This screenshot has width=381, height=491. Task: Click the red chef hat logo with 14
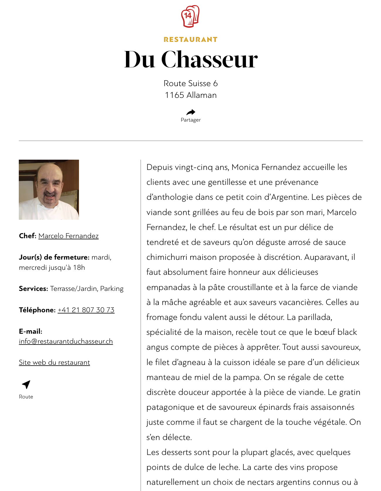click(190, 16)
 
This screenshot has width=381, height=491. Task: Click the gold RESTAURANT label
click(191, 40)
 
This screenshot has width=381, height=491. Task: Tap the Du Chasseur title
click(191, 59)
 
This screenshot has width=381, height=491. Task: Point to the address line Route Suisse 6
click(191, 83)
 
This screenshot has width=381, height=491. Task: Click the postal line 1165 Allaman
click(191, 95)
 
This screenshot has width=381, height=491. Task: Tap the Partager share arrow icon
click(191, 112)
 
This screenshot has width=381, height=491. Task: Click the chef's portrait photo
click(49, 190)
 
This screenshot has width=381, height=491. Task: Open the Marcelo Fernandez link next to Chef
click(68, 236)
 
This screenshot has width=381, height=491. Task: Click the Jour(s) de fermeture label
click(54, 257)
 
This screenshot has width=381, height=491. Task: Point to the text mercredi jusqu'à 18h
click(52, 267)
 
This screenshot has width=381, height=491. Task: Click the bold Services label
click(33, 289)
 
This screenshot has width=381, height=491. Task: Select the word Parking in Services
click(112, 289)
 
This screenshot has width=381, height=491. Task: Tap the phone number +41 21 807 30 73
click(86, 310)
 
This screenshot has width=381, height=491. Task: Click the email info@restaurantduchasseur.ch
click(66, 341)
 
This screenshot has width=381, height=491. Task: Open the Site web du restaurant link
click(54, 362)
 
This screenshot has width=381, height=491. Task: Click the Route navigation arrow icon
click(26, 384)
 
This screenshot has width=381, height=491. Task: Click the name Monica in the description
click(245, 167)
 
